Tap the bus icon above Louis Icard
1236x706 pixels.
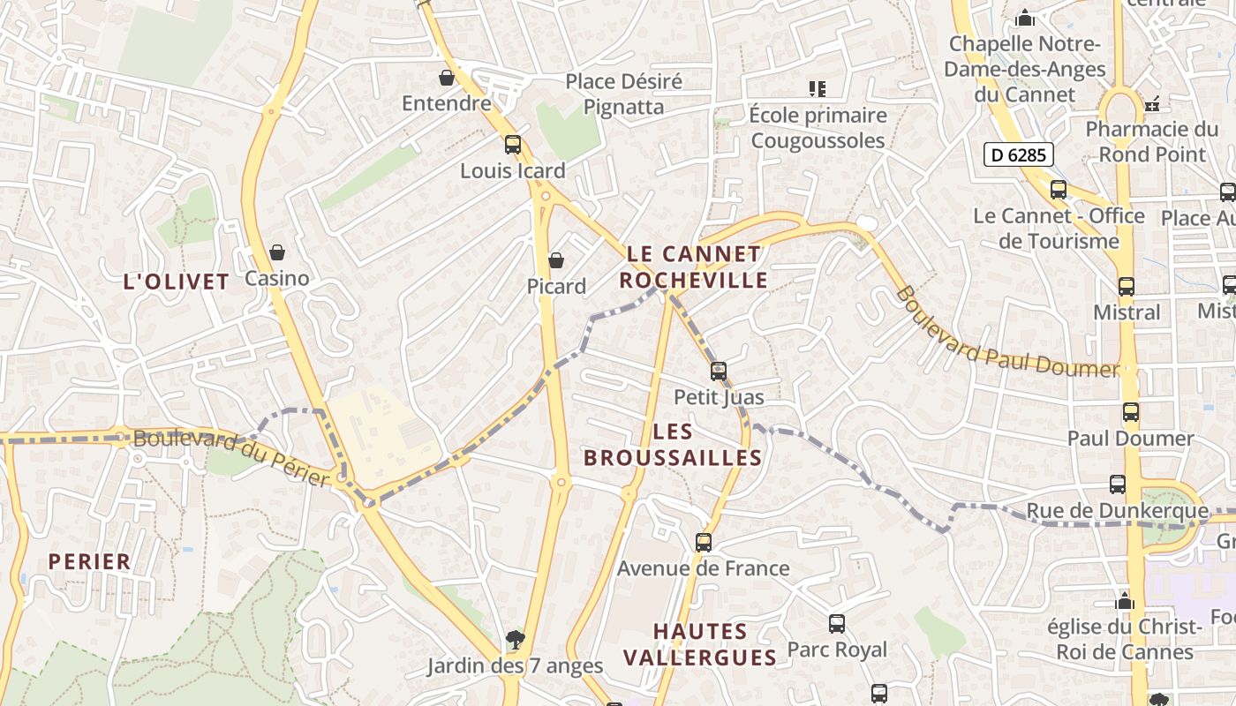click(x=513, y=145)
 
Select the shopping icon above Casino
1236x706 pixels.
click(x=277, y=253)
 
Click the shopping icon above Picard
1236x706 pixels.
click(x=556, y=260)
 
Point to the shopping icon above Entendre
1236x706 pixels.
click(x=447, y=78)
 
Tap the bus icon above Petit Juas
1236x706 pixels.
click(x=719, y=372)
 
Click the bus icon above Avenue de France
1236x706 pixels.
click(x=704, y=542)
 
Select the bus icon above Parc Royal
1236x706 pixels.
click(x=837, y=624)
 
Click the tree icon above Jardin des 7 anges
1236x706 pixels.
click(x=515, y=639)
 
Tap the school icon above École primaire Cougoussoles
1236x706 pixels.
click(x=818, y=88)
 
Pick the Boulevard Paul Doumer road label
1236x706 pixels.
click(x=1006, y=334)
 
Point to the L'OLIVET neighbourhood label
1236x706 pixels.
click(x=177, y=282)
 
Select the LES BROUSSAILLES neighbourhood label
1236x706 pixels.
click(x=673, y=445)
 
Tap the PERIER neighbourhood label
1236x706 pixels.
click(x=89, y=561)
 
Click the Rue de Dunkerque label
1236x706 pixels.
click(x=1117, y=510)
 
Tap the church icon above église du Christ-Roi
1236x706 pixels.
click(x=1125, y=601)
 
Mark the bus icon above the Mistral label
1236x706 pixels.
click(x=1127, y=287)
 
